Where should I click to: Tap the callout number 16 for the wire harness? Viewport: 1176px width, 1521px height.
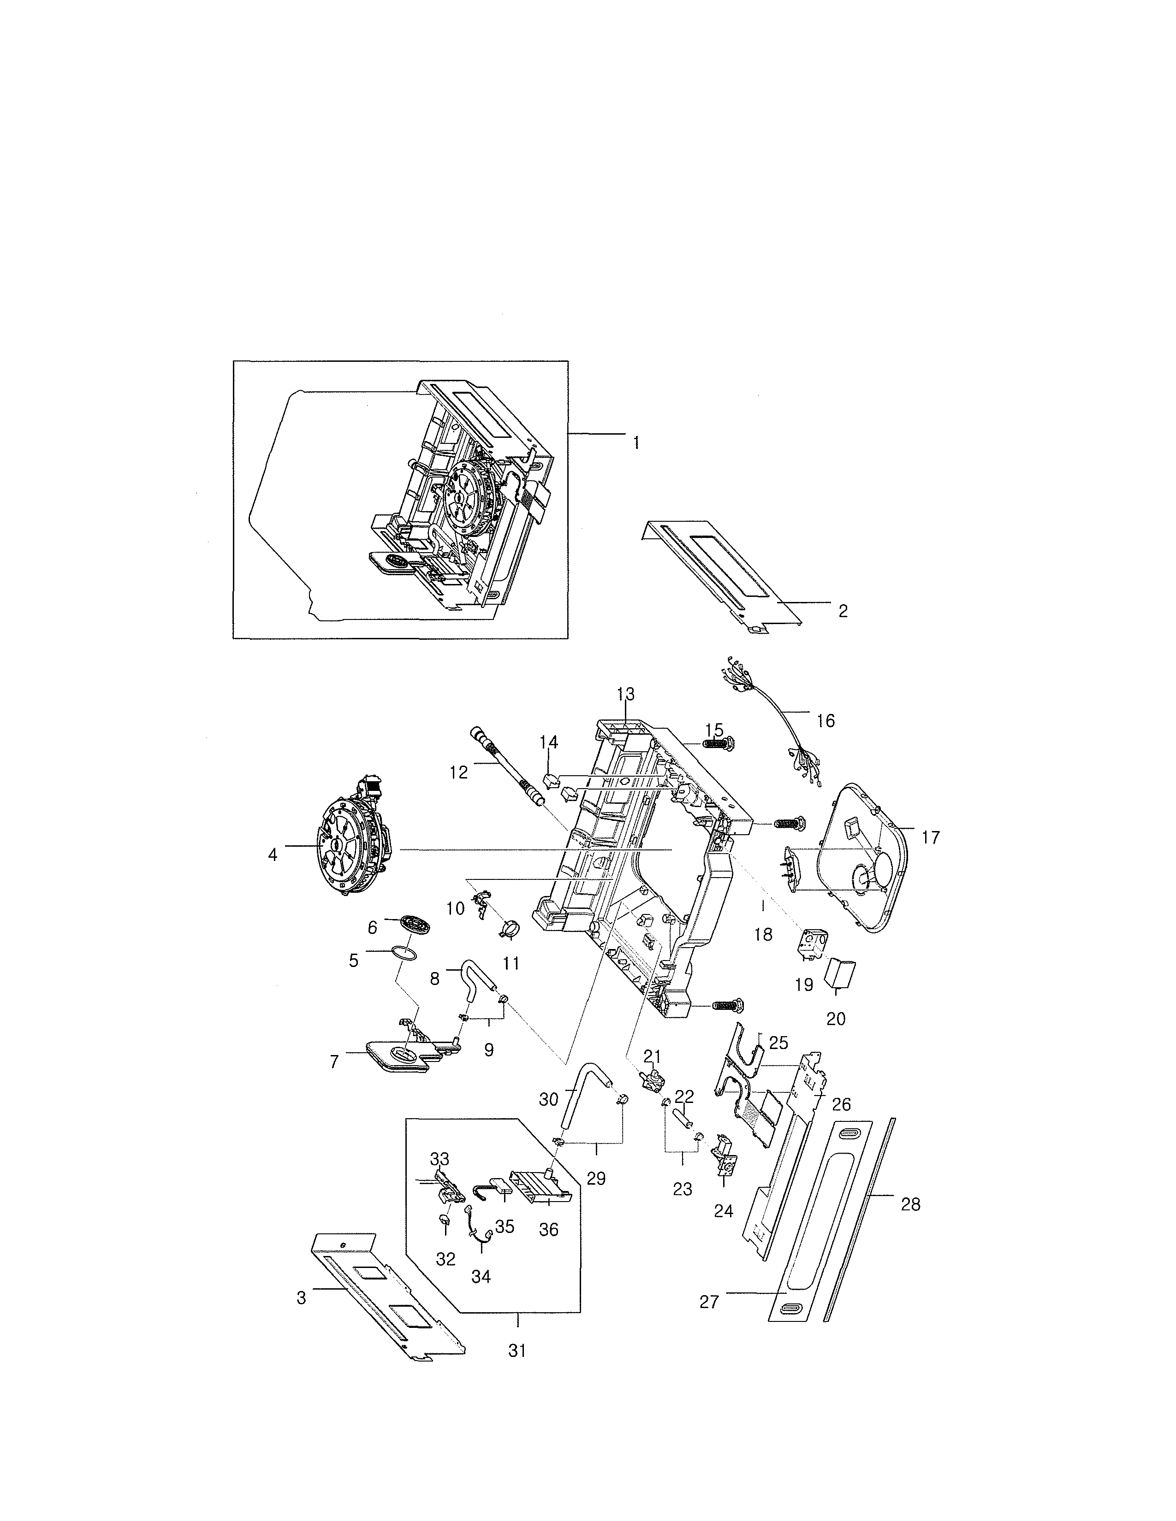pyautogui.click(x=826, y=721)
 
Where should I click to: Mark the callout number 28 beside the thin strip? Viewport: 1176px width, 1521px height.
pyautogui.click(x=910, y=1204)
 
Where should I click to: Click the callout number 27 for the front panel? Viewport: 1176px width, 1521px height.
pyautogui.click(x=709, y=1302)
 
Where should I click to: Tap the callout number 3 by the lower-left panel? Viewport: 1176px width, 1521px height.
pyautogui.click(x=301, y=1298)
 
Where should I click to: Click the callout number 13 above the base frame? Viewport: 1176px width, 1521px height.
pyautogui.click(x=626, y=694)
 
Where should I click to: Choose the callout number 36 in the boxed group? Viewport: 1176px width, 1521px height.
pyautogui.click(x=549, y=1230)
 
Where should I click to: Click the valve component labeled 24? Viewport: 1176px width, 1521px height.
pyautogui.click(x=723, y=1161)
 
